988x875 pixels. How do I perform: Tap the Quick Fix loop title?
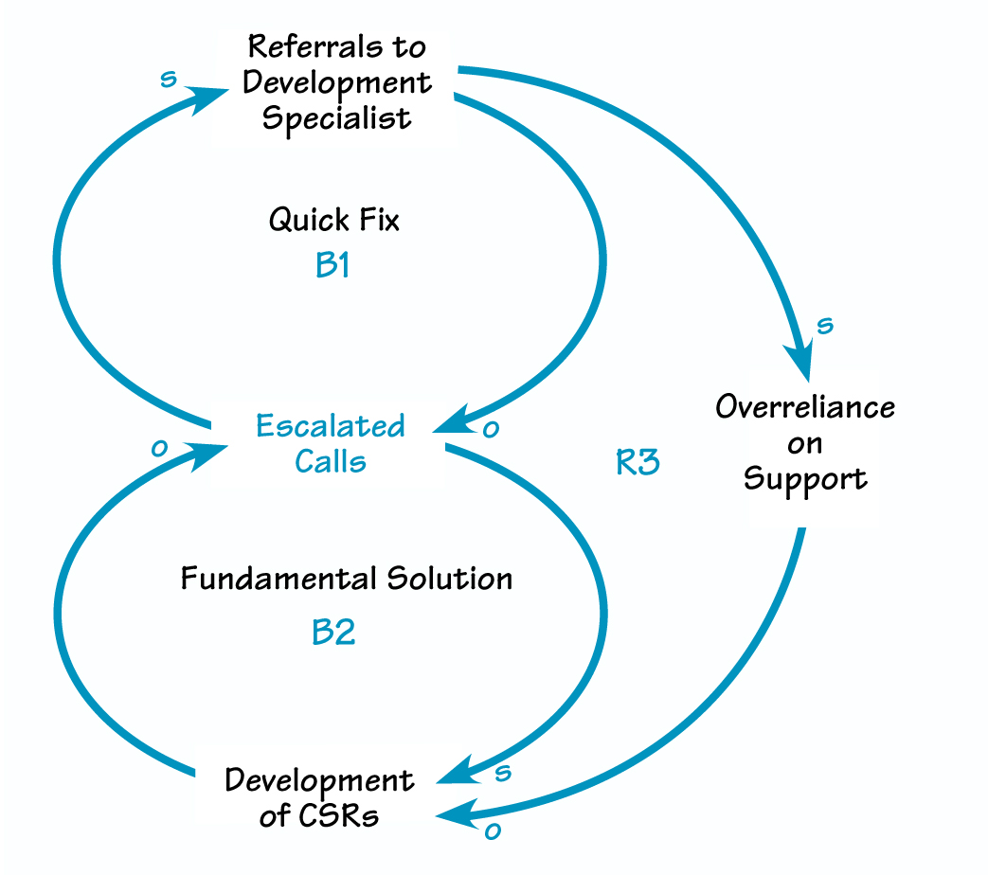click(x=333, y=220)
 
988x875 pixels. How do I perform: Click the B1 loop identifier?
click(x=332, y=266)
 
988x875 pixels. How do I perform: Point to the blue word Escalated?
click(x=330, y=426)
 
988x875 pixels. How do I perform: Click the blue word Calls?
click(x=330, y=461)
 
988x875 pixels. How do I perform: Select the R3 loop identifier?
click(x=637, y=463)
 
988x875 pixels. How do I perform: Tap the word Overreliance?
click(x=804, y=407)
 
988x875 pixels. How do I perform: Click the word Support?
click(x=804, y=478)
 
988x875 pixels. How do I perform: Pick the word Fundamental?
click(x=278, y=578)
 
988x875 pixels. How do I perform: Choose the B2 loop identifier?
click(x=332, y=633)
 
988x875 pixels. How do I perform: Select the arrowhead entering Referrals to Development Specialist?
click(x=210, y=97)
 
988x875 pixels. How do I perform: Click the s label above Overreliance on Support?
click(x=824, y=326)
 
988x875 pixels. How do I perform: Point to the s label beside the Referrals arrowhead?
click(x=168, y=79)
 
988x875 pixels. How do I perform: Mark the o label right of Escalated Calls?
click(x=491, y=430)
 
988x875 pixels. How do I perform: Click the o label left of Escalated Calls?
click(x=159, y=448)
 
